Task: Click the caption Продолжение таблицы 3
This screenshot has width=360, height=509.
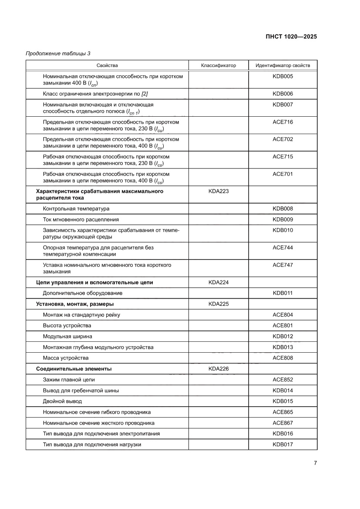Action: (58, 54)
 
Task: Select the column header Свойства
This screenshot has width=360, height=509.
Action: (107, 66)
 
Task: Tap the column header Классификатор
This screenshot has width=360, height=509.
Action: (219, 66)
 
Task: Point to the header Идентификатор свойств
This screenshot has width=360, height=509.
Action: (283, 66)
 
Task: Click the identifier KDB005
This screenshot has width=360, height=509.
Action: (283, 77)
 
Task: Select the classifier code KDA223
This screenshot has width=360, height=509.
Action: (219, 191)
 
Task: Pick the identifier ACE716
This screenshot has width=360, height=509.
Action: (283, 122)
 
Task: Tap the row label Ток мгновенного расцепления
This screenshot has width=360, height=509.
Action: (81, 219)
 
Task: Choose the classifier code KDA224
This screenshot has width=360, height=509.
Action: (219, 282)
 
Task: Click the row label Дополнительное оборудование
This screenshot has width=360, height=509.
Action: (83, 293)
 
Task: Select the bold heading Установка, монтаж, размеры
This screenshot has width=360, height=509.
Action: (78, 304)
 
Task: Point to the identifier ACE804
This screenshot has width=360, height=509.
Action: (283, 315)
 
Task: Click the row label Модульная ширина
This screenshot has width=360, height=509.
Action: (67, 337)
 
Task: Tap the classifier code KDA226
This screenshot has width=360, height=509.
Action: (219, 369)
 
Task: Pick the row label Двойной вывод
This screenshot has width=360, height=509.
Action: (62, 401)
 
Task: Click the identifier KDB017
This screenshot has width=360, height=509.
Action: (283, 445)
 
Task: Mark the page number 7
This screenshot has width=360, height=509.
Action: (315, 463)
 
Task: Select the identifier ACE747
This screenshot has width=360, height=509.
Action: (283, 265)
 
